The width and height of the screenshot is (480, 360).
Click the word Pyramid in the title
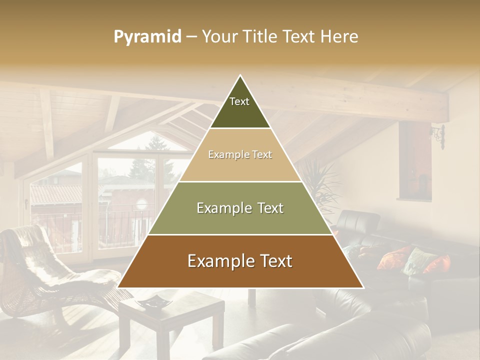(x=147, y=37)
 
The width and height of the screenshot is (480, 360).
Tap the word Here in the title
(x=339, y=37)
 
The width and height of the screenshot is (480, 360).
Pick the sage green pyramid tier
(x=240, y=208)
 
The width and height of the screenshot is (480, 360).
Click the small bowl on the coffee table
(x=153, y=301)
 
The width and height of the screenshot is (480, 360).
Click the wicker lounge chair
(x=50, y=270)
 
